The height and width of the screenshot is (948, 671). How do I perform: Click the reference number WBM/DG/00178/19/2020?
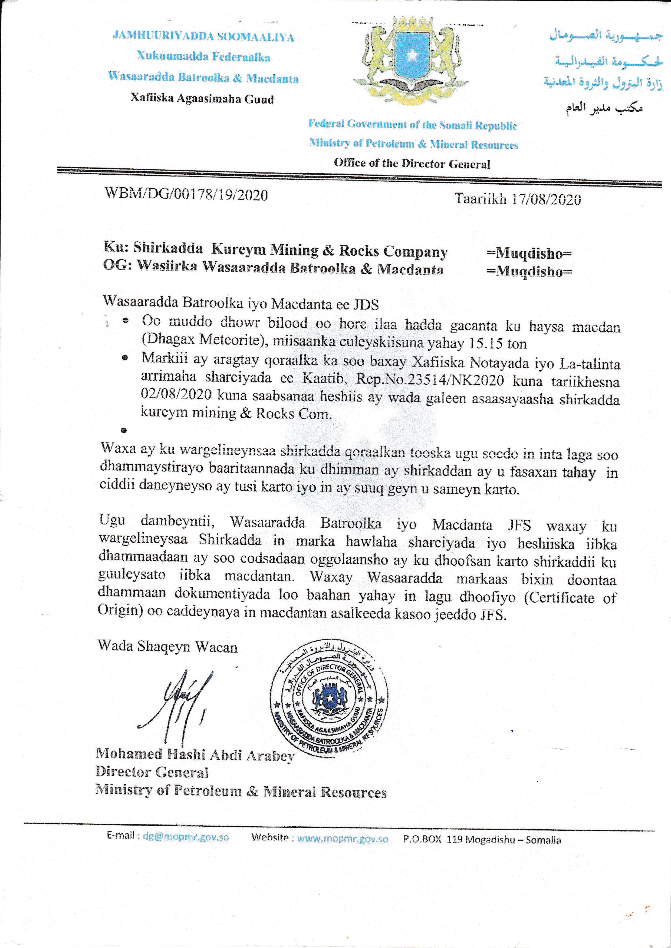186,194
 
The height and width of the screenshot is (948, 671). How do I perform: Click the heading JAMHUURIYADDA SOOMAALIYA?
203,37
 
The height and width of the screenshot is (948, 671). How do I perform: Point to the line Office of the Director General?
412,164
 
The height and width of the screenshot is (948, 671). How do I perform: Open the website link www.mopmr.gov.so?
343,839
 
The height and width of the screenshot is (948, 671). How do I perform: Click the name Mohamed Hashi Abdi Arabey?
195,755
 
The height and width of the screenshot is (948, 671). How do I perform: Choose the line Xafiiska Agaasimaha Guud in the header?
202,99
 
